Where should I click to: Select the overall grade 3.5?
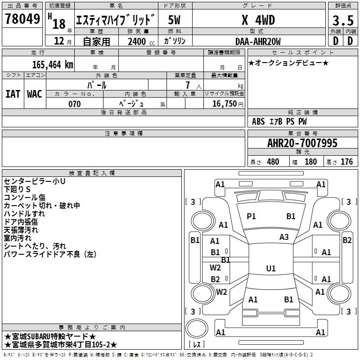(x=343, y=20)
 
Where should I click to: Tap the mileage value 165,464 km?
(x=53, y=64)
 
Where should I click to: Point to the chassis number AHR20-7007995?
(x=302, y=143)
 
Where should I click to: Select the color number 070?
(x=74, y=104)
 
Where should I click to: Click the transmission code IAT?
(x=13, y=94)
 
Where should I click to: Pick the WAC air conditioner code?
(x=34, y=94)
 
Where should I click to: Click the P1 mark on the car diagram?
(x=251, y=216)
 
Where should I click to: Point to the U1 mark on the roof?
(x=270, y=269)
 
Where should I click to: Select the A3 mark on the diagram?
(x=284, y=237)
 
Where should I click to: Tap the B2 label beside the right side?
(x=347, y=240)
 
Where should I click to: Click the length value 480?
(x=273, y=162)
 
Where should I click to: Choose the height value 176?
(x=346, y=162)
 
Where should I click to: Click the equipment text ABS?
(x=258, y=121)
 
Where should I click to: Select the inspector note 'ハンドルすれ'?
(x=24, y=214)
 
